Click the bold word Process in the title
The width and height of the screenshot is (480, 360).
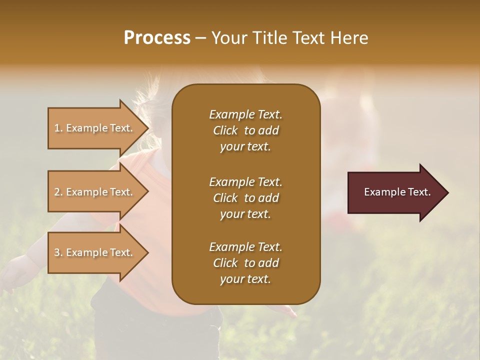click(157, 37)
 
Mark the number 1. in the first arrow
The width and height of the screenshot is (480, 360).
click(58, 128)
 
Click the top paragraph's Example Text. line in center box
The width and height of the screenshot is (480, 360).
click(245, 114)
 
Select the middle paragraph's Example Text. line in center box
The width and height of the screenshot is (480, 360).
click(245, 182)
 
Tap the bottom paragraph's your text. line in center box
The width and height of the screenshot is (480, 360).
click(245, 279)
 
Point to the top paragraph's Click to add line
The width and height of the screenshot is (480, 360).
click(245, 130)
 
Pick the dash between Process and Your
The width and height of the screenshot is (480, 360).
click(200, 38)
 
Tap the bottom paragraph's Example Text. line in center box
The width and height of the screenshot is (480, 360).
click(245, 247)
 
